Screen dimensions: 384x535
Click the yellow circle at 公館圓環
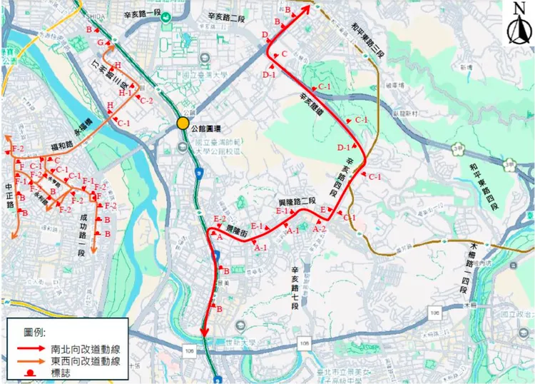point(183,123)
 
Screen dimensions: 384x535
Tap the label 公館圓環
point(208,128)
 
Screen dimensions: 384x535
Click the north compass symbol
point(519,25)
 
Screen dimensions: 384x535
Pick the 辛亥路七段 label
point(293,286)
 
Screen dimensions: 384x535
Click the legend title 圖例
point(34,332)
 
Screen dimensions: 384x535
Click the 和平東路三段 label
point(369,41)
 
